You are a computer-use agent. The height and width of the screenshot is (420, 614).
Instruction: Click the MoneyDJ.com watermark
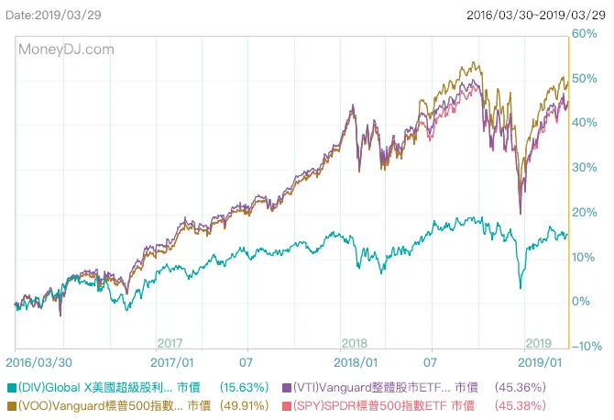66,50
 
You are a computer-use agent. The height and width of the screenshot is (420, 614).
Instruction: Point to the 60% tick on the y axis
586,34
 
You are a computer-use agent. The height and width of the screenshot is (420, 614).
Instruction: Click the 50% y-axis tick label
586,79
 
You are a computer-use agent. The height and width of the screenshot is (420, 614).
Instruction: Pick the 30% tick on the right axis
586,168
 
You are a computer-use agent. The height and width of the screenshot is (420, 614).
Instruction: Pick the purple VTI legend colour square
287,388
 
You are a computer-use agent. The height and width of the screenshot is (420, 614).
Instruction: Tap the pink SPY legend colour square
287,405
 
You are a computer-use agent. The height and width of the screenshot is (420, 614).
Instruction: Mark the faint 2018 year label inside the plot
354,343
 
